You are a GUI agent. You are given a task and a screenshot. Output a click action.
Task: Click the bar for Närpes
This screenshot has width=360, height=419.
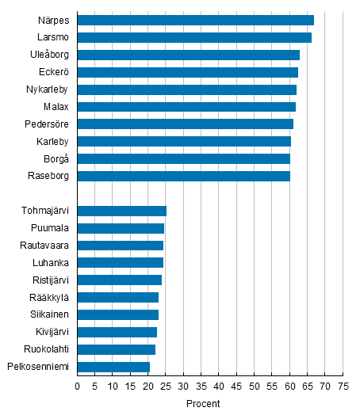(x=195, y=20)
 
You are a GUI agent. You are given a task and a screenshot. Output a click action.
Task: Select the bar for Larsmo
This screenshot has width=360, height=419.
(x=194, y=37)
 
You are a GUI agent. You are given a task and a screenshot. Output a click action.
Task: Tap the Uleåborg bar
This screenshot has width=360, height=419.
(x=188, y=55)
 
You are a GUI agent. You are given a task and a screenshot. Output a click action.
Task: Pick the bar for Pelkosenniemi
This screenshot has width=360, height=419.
(x=113, y=367)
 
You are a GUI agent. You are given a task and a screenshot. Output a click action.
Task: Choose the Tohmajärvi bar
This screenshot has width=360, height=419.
(x=121, y=211)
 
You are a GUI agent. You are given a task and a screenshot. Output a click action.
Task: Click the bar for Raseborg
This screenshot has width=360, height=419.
(x=183, y=176)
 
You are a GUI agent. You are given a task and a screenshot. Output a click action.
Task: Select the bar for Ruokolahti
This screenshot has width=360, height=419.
(x=116, y=349)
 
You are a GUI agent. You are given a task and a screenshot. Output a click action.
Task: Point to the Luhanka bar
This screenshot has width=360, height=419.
(x=120, y=262)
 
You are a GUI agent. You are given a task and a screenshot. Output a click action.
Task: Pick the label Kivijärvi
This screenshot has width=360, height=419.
(x=50, y=332)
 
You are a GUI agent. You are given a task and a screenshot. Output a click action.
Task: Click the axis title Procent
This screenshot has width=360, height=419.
(x=203, y=404)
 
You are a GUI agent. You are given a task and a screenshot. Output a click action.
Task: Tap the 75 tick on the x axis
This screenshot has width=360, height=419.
(x=343, y=387)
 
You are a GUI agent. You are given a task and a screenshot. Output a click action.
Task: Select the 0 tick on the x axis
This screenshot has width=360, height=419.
(x=77, y=387)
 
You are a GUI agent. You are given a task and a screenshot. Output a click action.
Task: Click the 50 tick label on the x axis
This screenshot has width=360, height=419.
(x=254, y=387)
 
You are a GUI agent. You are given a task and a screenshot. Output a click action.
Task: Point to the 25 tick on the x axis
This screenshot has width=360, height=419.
(x=166, y=387)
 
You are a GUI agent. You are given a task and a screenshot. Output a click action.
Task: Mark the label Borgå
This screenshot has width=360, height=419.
(x=57, y=158)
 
